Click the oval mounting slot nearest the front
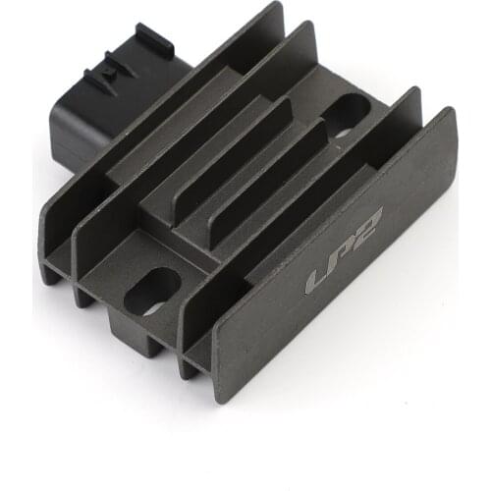(x=152, y=291)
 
